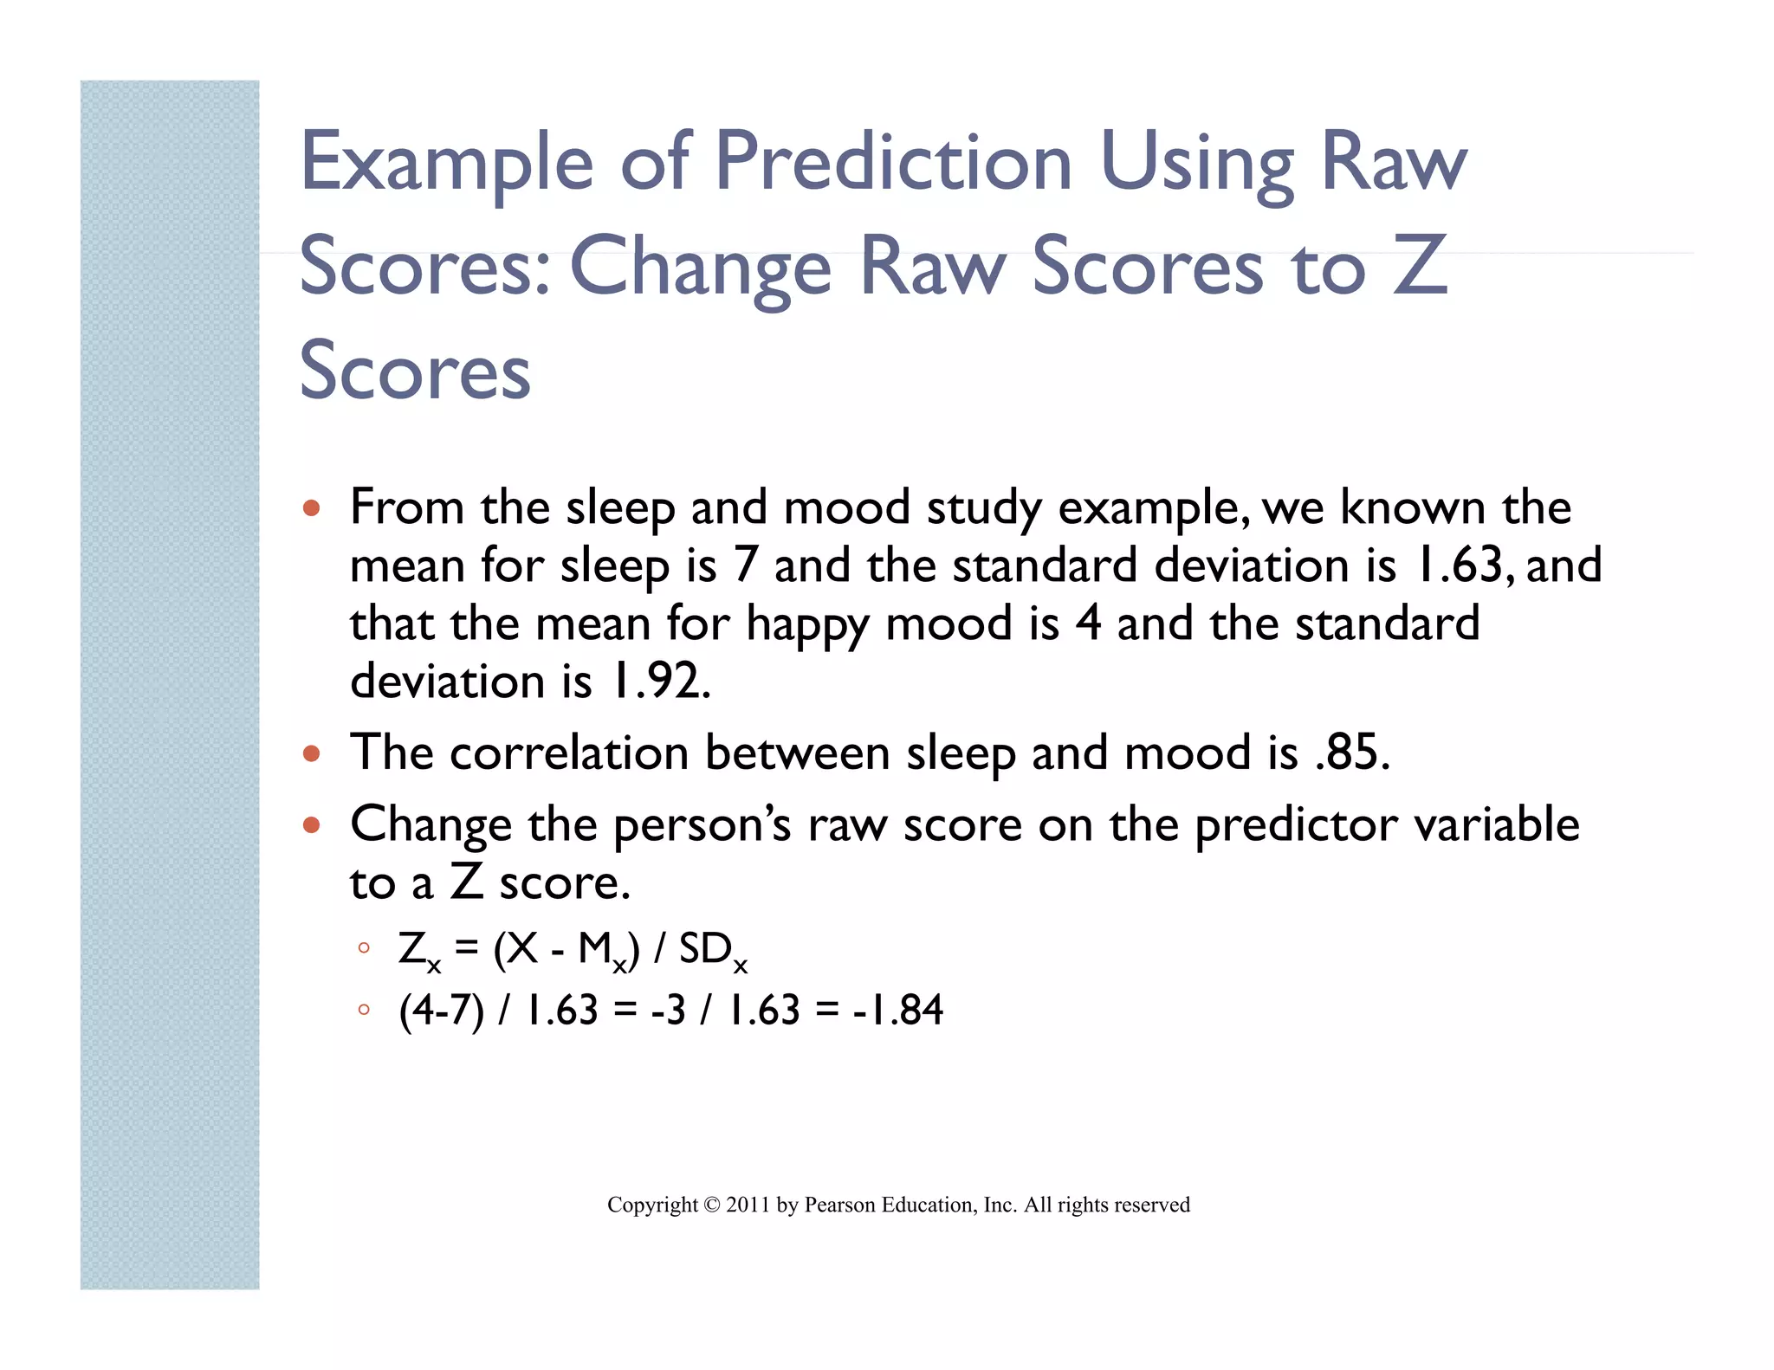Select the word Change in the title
pos(700,268)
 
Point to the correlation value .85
pos(1350,752)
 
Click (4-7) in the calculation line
pos(441,1010)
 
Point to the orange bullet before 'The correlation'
pos(312,753)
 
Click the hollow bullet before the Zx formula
pos(364,948)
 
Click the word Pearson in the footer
pos(839,1205)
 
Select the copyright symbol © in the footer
pos(711,1205)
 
